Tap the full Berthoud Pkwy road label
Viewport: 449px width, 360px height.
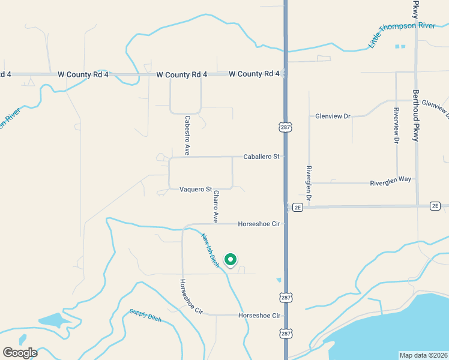tap(415, 116)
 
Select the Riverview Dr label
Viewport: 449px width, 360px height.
tap(396, 125)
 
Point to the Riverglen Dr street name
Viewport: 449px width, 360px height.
tap(309, 182)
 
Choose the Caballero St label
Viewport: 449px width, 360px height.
tap(262, 157)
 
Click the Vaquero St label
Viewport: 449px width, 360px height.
tap(196, 190)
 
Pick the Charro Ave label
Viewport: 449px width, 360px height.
tap(215, 208)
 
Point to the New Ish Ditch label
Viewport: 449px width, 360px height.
tap(210, 250)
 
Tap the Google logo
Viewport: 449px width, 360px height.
tap(20, 353)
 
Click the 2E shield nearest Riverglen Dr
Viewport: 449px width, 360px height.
tap(297, 207)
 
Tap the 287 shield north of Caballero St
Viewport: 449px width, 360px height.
tap(285, 127)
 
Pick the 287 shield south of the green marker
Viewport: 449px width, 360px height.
tap(285, 297)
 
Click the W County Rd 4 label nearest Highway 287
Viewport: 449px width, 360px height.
tap(254, 74)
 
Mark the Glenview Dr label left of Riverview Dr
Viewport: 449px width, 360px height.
tap(333, 116)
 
